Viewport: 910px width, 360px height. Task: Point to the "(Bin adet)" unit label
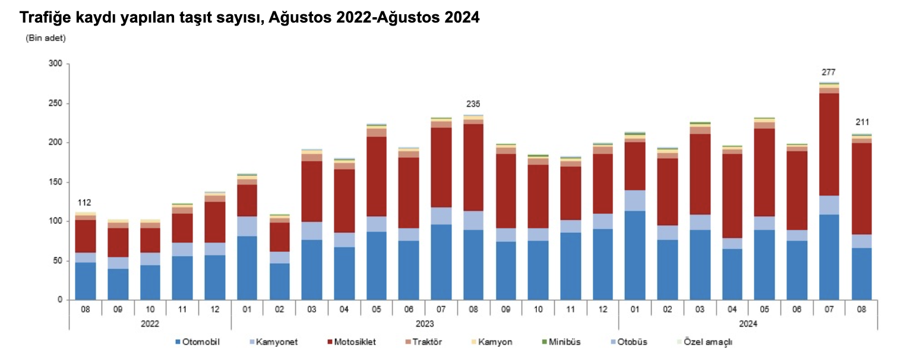(x=45, y=38)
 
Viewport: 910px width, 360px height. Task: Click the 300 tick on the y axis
(x=56, y=64)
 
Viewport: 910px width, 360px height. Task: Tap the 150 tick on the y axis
(x=56, y=182)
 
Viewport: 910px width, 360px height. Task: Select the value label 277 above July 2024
(x=829, y=72)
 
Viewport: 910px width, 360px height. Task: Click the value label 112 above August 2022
(x=85, y=203)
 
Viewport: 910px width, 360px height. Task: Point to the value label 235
(x=473, y=104)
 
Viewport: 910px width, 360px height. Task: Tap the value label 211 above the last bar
(x=861, y=122)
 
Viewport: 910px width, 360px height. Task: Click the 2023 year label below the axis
(x=425, y=324)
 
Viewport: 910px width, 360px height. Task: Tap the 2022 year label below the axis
(x=150, y=324)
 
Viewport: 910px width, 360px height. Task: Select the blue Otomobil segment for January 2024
(x=634, y=255)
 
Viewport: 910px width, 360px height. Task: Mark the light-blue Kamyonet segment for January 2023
(x=247, y=226)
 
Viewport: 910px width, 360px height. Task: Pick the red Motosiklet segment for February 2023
(x=279, y=237)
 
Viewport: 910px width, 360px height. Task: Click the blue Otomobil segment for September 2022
(x=118, y=285)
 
